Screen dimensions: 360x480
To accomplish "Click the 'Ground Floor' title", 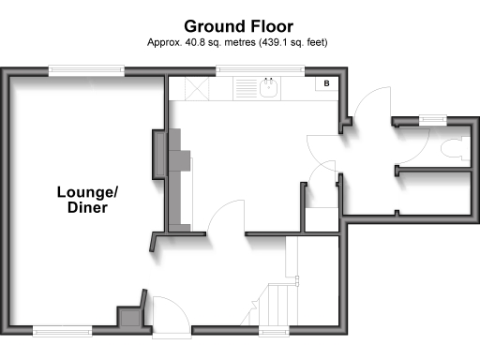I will click(x=238, y=25).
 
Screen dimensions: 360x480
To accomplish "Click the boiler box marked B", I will click(x=325, y=84).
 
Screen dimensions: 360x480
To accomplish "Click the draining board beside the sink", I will click(x=245, y=89).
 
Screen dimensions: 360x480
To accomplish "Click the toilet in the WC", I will click(x=453, y=148).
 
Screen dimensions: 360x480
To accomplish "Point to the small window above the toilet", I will click(x=432, y=119).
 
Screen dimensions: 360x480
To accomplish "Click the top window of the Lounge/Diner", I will click(x=86, y=68).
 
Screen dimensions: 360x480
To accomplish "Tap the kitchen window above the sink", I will click(x=260, y=68).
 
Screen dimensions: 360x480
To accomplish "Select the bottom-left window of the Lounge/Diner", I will click(x=62, y=330).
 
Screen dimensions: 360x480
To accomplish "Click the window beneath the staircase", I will click(x=274, y=330).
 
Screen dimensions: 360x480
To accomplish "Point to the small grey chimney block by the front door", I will click(x=127, y=317).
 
